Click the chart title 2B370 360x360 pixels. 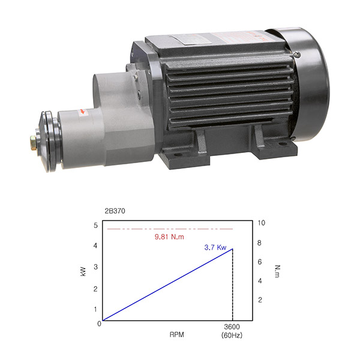115,211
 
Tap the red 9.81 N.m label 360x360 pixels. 169,237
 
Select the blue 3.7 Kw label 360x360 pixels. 215,247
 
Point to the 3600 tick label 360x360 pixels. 232,327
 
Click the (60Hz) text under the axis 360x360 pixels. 232,335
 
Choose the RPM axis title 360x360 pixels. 177,335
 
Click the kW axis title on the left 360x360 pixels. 83,271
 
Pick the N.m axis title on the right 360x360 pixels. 278,271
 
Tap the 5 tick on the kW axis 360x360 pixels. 95,225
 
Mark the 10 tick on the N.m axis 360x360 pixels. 261,223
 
